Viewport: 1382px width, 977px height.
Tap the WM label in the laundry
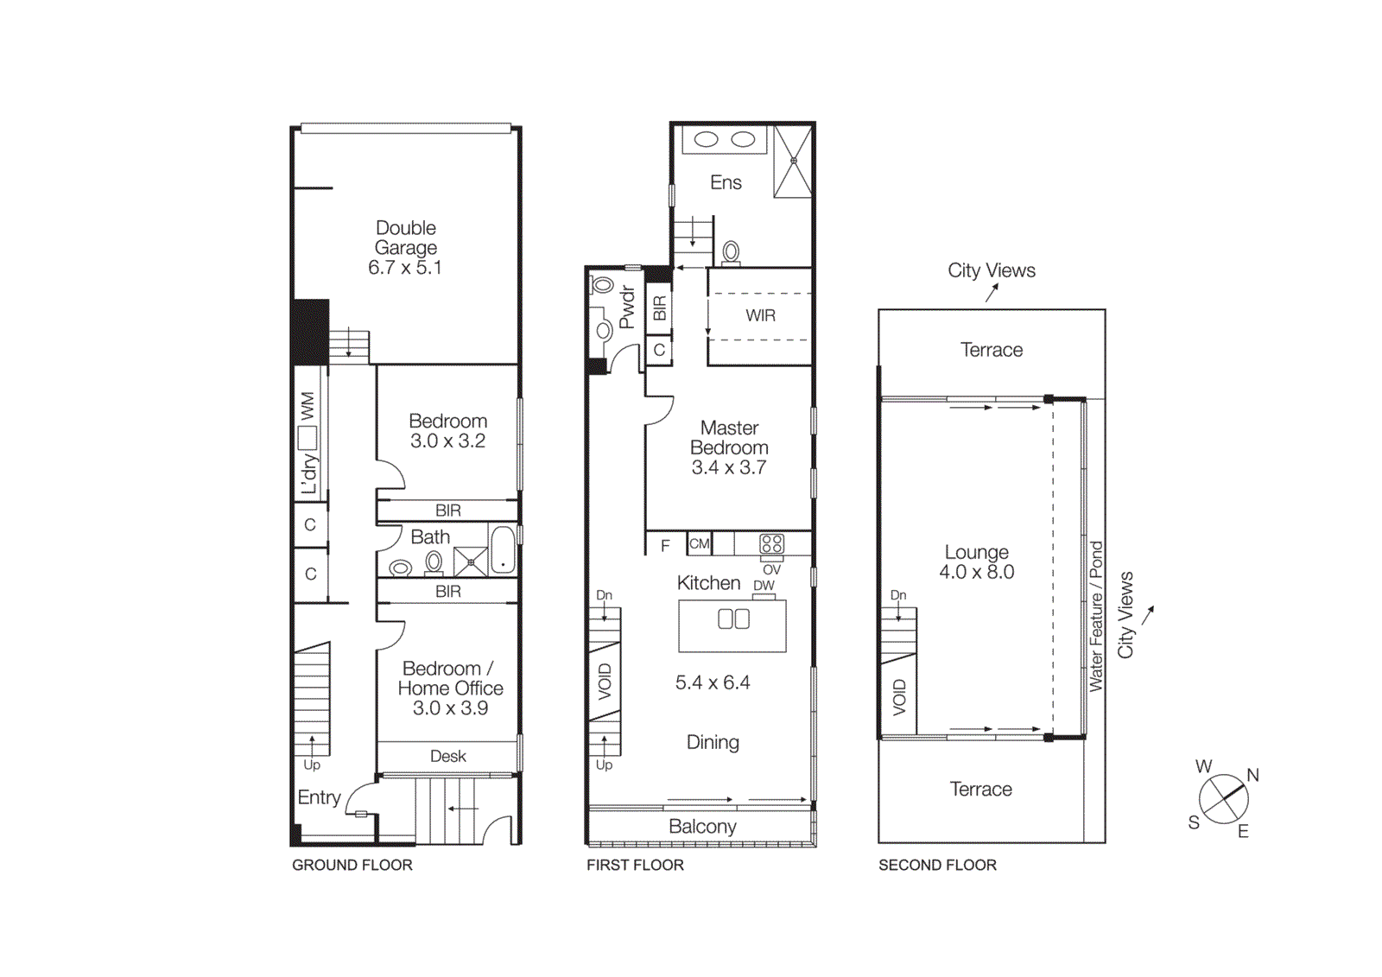coord(307,406)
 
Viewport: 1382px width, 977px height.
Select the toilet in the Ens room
coord(731,252)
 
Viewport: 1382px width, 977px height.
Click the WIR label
coord(760,315)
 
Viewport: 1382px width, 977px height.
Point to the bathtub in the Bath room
coord(503,550)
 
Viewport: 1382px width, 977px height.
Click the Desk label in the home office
coord(447,756)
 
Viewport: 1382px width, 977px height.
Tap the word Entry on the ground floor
coord(319,797)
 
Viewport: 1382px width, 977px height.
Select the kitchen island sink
coord(733,619)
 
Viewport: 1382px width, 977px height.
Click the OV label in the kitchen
coord(771,570)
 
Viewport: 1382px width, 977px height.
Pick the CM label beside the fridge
coord(699,543)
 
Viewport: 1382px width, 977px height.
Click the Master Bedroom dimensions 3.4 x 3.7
coord(728,467)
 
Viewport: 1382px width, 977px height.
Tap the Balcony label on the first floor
coord(702,827)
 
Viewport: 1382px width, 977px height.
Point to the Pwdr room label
coord(627,308)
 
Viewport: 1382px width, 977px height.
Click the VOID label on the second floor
coord(899,697)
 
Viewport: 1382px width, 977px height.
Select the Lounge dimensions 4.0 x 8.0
coord(976,572)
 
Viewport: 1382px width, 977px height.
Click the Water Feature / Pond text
coord(1095,616)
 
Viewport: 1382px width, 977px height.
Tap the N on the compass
coord(1252,775)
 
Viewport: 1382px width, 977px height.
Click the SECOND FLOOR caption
coord(937,865)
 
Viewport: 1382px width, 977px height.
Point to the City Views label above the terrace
coord(991,270)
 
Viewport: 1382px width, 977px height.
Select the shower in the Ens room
coord(792,162)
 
